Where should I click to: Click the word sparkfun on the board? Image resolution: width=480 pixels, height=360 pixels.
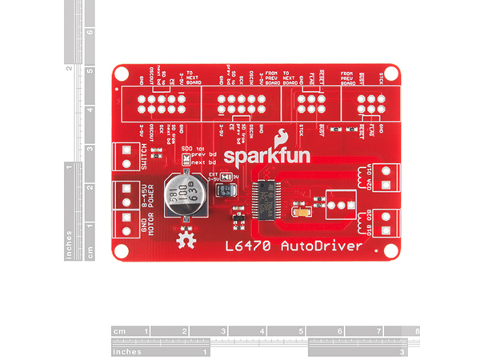tap(256, 153)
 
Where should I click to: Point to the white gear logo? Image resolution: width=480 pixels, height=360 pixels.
tap(187, 238)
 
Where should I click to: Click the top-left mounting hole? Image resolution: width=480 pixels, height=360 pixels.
tap(120, 74)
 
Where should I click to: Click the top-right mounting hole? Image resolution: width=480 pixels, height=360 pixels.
tap(390, 74)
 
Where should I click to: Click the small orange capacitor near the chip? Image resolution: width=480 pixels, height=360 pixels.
tap(303, 212)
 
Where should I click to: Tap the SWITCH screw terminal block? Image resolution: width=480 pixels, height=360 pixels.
tap(126, 154)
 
